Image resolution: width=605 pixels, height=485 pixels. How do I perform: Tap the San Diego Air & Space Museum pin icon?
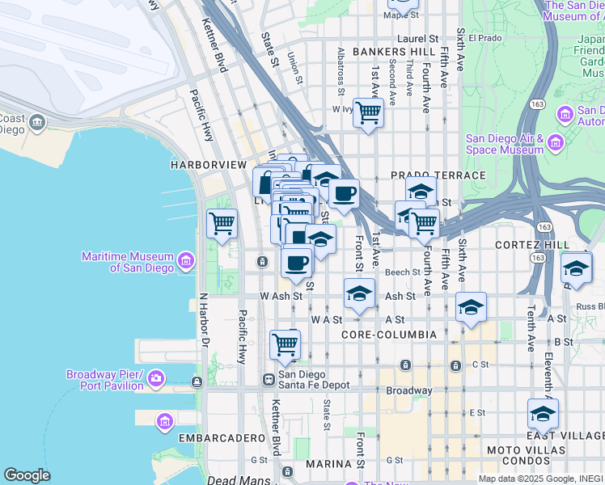[x=555, y=143]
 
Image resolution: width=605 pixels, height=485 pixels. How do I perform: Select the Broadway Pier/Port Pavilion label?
[x=105, y=379]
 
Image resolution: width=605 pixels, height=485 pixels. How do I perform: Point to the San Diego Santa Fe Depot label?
[x=314, y=379]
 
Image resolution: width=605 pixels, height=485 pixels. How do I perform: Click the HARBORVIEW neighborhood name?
[x=208, y=164]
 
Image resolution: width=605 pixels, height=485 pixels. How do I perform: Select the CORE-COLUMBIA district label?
[x=389, y=334]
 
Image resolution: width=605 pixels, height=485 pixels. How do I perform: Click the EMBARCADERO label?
[x=218, y=437]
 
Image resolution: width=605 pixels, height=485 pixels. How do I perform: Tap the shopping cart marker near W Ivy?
[x=368, y=112]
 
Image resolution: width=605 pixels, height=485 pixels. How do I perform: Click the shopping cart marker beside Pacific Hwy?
[x=221, y=222]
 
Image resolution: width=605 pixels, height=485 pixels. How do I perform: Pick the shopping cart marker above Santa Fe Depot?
[x=285, y=344]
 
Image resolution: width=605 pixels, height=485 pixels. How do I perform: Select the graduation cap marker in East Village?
[x=543, y=414]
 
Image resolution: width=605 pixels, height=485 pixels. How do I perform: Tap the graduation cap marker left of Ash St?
[x=359, y=293]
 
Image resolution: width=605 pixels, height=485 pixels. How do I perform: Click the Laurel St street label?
[x=417, y=38]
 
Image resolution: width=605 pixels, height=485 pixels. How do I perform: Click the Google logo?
[x=27, y=474]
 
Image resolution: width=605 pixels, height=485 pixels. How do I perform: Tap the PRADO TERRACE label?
[x=438, y=175]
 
